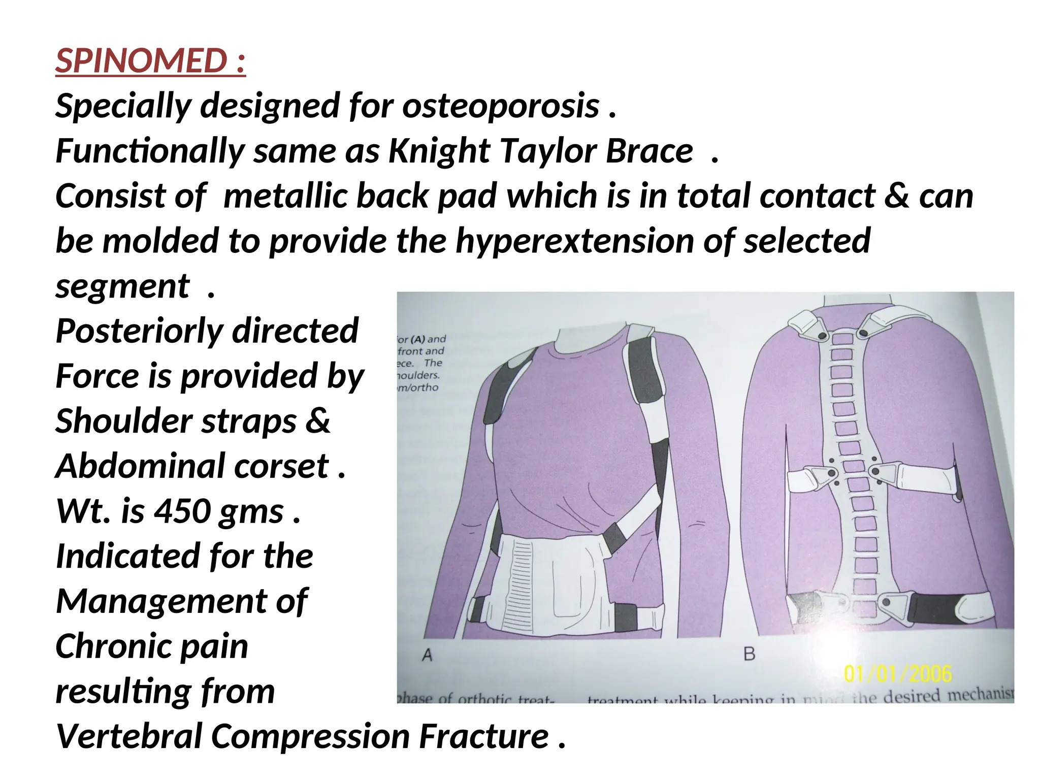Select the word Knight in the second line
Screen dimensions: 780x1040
pos(439,151)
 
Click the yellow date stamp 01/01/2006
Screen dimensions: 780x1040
pos(897,674)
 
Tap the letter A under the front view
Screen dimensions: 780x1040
pos(427,655)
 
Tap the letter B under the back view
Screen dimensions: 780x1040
pos(750,654)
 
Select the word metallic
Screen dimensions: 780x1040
pos(285,196)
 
